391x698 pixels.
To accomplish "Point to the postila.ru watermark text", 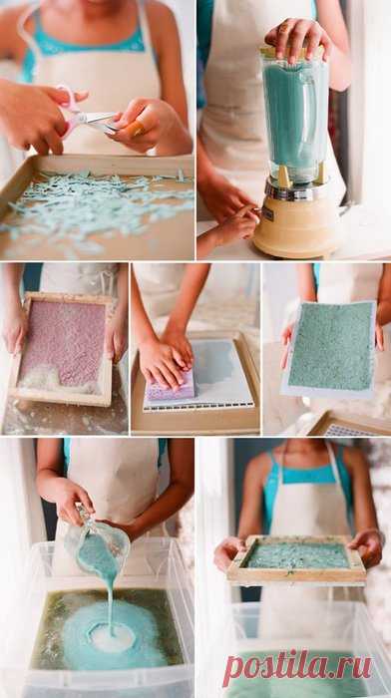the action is [x=297, y=667].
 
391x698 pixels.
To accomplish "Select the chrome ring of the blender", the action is [x=295, y=188].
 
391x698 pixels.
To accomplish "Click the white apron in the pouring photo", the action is [x=113, y=481].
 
